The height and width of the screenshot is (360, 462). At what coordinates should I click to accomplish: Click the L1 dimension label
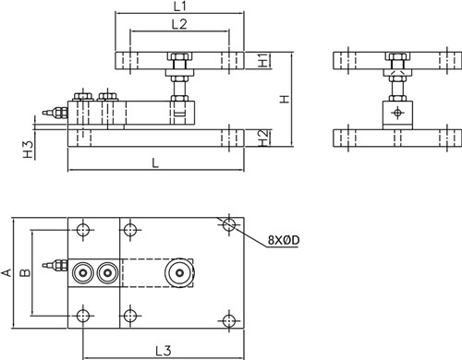[179, 6]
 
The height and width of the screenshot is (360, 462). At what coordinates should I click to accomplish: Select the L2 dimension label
[179, 24]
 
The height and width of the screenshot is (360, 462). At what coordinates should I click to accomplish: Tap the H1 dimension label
[263, 60]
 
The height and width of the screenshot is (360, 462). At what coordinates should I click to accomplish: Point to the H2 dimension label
[263, 138]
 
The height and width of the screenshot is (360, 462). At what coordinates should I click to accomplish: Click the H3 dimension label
[29, 150]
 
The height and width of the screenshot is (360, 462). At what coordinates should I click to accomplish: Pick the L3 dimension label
[164, 351]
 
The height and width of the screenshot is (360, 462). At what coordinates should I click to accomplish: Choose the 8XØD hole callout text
[284, 240]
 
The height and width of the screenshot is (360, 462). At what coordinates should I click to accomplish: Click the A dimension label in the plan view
[6, 272]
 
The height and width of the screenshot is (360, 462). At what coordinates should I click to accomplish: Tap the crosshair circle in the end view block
[397, 113]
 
